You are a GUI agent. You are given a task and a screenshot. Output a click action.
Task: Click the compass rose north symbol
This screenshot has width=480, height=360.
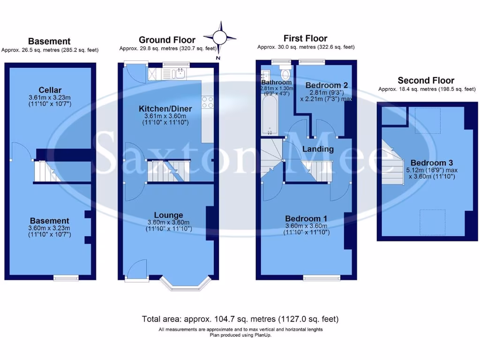coord(218,37)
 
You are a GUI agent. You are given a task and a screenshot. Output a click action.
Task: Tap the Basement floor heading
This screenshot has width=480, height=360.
coord(49,41)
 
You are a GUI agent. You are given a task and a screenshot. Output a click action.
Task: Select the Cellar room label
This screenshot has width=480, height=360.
coord(50,90)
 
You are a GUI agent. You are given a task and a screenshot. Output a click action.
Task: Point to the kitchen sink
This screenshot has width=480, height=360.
coord(179,73)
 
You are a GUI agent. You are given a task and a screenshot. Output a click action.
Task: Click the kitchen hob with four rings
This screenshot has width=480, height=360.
coord(207,102)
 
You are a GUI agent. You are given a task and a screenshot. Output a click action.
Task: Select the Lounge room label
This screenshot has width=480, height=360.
coord(168,215)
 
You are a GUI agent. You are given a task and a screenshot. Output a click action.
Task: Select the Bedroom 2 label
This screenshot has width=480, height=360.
coord(326,85)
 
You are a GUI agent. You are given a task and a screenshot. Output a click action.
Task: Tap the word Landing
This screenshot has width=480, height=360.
coord(318,149)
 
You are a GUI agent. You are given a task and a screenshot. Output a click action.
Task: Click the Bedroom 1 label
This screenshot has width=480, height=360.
coord(307,218)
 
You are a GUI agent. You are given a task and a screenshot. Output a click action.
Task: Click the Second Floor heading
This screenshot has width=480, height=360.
coord(426,80)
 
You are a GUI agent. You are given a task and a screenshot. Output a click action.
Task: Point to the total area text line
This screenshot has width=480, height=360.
coord(240,319)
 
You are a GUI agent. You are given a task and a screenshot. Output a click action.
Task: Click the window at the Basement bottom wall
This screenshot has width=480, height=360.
coord(66,277)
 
